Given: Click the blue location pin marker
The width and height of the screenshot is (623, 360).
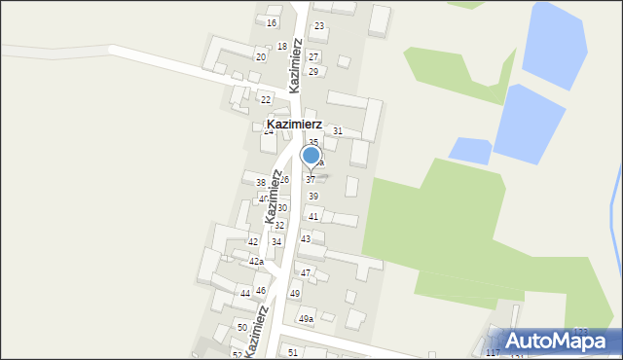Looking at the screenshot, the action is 311,156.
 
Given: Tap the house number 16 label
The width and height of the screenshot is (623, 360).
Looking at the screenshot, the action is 272,22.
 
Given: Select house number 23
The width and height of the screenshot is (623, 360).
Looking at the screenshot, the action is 319,26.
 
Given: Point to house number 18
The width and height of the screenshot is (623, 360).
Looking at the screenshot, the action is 282,46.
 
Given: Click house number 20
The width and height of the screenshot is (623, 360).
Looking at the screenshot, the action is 261,57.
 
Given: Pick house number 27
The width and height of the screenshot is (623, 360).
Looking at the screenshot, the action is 313,57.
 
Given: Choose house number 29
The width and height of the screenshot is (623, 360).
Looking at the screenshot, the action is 313,72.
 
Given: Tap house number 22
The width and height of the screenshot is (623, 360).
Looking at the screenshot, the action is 266,99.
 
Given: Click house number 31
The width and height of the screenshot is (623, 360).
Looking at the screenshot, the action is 338,130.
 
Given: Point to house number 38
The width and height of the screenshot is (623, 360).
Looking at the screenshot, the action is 261,183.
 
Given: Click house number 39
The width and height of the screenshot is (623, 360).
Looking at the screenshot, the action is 313,197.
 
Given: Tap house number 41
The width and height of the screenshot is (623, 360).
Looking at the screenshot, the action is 313,216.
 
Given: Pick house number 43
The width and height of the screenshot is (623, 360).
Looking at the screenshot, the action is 306,238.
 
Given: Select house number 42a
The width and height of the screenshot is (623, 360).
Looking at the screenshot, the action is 256,261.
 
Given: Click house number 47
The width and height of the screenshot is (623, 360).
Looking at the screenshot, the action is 306,273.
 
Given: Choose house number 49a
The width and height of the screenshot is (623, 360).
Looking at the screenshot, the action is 306,319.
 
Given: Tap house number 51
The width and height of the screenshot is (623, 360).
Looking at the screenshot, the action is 293,351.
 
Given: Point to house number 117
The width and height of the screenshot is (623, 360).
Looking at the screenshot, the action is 493,352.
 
